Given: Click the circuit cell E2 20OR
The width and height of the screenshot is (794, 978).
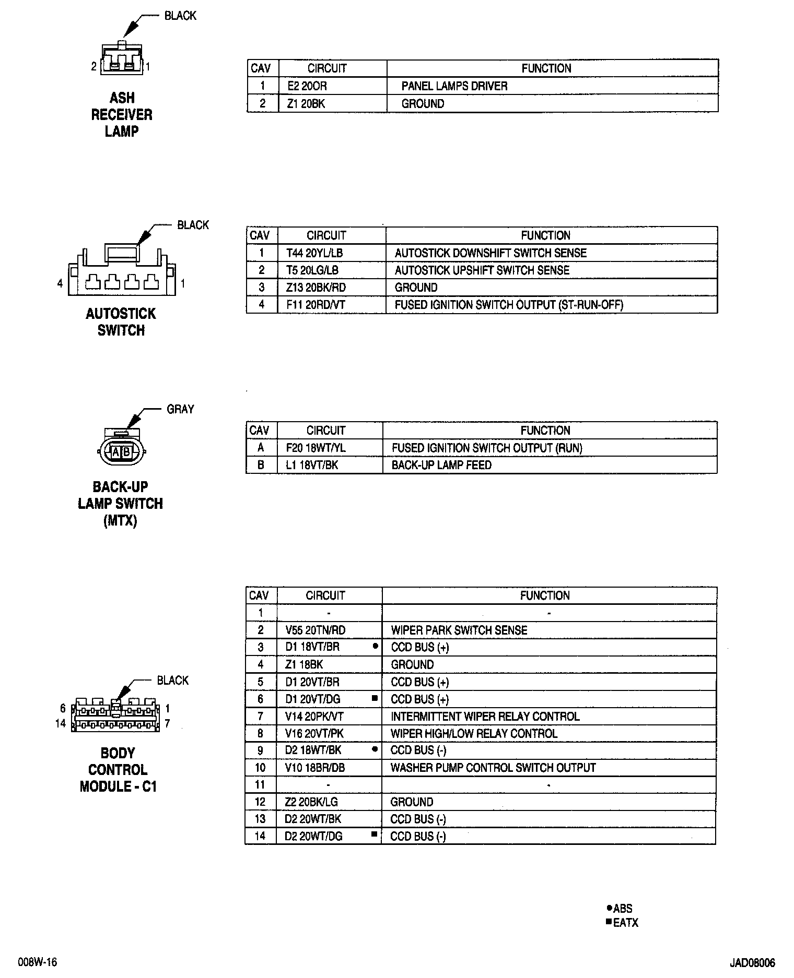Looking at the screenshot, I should [x=307, y=86].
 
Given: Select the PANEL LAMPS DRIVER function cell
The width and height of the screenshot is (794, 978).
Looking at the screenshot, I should [x=454, y=86].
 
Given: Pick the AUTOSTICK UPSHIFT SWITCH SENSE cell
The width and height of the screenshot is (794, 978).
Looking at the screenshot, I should [x=482, y=270].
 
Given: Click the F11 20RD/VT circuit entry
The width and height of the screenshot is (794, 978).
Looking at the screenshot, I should [x=316, y=305].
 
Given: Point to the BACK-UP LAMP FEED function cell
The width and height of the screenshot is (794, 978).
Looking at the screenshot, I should [x=441, y=465].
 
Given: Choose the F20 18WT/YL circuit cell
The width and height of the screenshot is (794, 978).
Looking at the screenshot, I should [x=316, y=448].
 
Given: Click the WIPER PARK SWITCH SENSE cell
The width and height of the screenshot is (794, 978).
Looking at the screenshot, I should [x=459, y=630].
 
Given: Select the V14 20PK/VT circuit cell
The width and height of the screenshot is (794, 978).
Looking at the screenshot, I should [x=314, y=717].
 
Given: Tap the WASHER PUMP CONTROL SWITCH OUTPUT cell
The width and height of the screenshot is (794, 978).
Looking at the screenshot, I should [x=493, y=768].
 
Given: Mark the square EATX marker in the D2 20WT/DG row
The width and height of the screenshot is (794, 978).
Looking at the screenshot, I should [x=373, y=834].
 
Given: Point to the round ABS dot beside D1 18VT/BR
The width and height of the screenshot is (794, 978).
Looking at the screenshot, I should [x=375, y=646].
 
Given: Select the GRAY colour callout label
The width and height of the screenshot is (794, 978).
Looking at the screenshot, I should [x=180, y=410].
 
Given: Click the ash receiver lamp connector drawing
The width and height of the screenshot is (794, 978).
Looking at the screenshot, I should [x=122, y=58].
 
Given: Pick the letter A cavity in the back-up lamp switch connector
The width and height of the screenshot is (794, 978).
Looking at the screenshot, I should [x=116, y=452].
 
